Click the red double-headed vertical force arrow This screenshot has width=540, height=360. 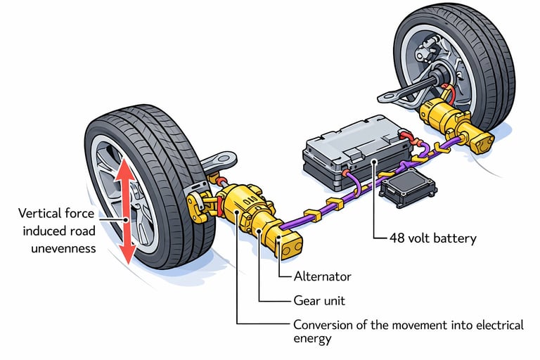click(127, 211)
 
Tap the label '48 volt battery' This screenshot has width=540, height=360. click(432, 238)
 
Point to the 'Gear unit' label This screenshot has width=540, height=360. click(320, 300)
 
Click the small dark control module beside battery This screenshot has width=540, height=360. click(407, 188)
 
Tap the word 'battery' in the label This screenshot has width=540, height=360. click(453, 238)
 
